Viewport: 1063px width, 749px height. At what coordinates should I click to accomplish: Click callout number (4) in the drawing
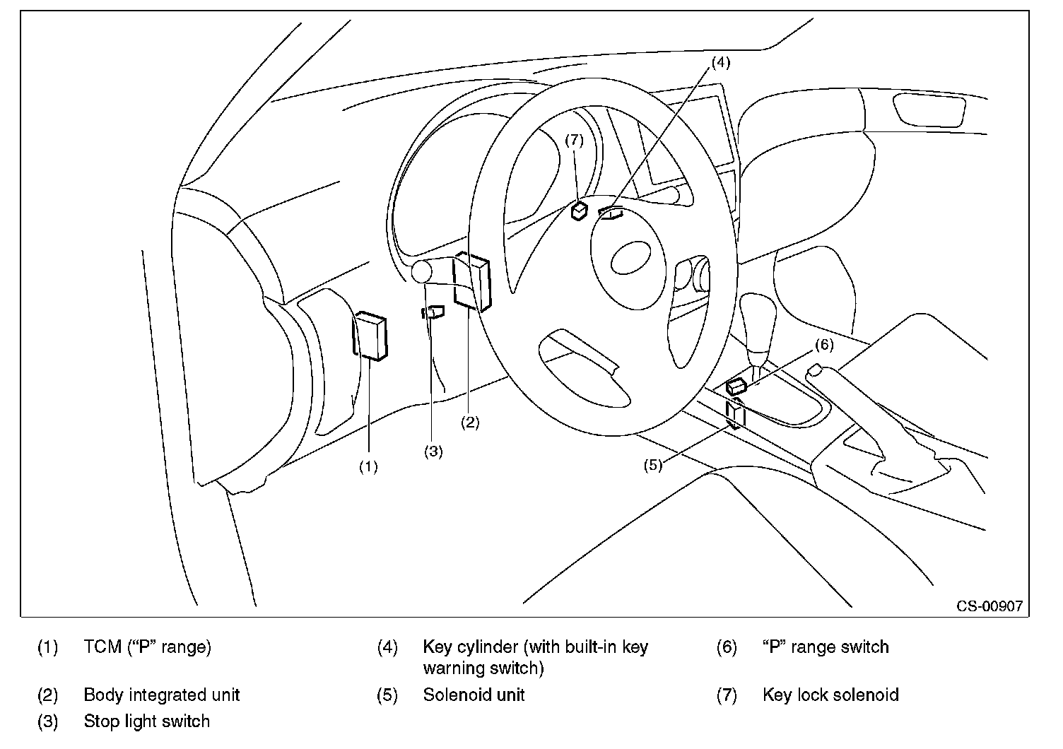pos(720,63)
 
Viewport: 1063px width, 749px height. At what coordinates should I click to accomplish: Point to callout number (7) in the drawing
pos(574,140)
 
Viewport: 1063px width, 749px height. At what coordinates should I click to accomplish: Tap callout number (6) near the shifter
pos(824,345)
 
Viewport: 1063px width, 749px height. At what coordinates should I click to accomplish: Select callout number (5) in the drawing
pos(652,466)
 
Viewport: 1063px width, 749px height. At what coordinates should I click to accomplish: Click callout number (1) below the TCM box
pos(368,467)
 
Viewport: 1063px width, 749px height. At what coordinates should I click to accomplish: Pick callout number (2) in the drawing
pos(470,422)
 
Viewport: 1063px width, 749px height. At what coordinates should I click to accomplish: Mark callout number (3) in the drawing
pos(433,451)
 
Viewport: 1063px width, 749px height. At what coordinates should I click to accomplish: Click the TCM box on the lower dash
pos(370,336)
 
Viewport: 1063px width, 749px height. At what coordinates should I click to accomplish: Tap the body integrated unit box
pos(472,282)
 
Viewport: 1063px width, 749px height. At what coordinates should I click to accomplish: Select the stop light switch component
pos(433,312)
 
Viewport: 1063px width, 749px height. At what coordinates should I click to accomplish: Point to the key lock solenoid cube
pos(579,211)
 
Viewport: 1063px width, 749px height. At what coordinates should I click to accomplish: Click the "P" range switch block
pos(736,387)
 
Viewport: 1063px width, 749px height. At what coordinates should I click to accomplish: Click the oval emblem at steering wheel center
pos(630,257)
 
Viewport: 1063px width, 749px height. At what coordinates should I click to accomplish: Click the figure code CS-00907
pos(989,606)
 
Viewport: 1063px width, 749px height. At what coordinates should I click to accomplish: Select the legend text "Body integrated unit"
pos(162,695)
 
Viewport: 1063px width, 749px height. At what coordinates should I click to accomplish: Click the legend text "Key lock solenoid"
pos(830,695)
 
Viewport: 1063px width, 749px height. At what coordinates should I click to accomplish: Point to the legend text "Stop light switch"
pos(146,721)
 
